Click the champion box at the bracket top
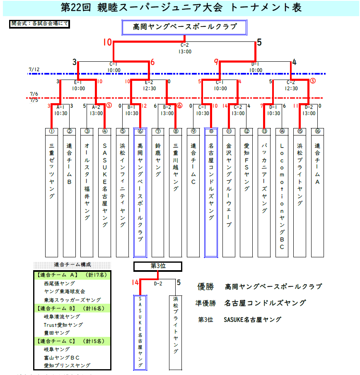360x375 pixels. (x=185, y=27)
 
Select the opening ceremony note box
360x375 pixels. (x=39, y=24)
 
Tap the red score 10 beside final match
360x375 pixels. (x=107, y=42)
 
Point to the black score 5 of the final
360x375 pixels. (x=259, y=42)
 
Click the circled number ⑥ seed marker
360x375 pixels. (x=140, y=131)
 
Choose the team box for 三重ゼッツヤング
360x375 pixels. (x=51, y=193)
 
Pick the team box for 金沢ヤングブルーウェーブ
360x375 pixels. (x=229, y=193)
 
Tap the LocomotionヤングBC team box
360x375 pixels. (x=282, y=193)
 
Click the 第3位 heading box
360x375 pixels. (x=158, y=266)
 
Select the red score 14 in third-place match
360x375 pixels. (x=135, y=283)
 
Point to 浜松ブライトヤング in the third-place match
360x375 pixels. (x=176, y=331)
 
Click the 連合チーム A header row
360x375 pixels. (x=72, y=275)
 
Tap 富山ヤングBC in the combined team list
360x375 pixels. (x=62, y=357)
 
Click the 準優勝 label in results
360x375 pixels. (x=207, y=303)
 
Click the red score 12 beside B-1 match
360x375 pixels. (x=144, y=106)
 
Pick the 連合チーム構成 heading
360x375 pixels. (x=72, y=265)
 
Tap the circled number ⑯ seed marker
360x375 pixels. (x=318, y=131)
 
